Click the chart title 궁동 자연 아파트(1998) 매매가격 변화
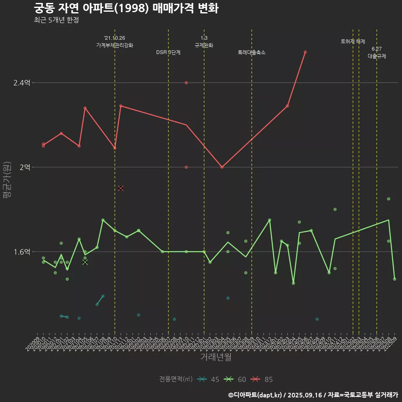click(126, 9)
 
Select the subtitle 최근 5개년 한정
click(57, 20)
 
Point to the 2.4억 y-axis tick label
click(22, 83)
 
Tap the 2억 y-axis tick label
click(25, 167)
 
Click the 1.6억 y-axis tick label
click(22, 252)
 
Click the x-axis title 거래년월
click(216, 357)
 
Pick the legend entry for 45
click(210, 379)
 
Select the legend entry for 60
click(237, 379)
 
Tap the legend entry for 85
click(263, 379)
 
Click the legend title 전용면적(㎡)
click(176, 379)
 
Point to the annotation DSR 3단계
click(168, 52)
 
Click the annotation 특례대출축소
click(252, 52)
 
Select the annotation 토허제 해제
click(353, 41)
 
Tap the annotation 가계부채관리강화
click(115, 45)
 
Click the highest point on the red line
click(305, 52)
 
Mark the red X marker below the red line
click(121, 188)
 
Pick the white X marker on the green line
click(85, 262)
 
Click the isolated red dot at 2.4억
click(186, 82)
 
